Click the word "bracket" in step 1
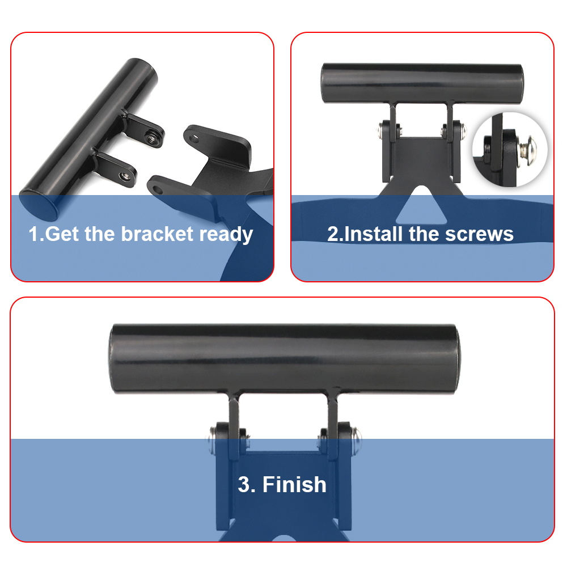tap(157, 234)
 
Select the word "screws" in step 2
tap(479, 234)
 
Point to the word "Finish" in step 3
tap(294, 484)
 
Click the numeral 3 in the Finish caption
tap(244, 485)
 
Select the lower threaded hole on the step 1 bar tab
tap(125, 176)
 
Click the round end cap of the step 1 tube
tap(39, 205)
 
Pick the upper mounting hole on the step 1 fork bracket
tap(194, 138)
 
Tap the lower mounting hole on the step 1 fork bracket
tap(157, 189)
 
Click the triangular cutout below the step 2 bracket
tap(421, 205)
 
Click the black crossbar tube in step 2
tap(422, 83)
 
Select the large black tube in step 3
tap(285, 358)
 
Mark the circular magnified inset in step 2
tap(510, 149)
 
